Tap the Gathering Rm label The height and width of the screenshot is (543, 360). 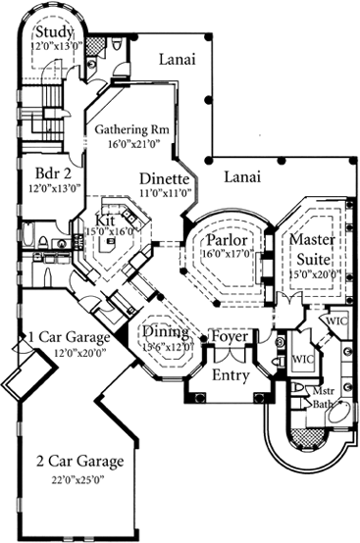[x=135, y=128]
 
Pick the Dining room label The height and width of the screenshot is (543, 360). [x=167, y=332]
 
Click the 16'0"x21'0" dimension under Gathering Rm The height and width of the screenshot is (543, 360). [x=135, y=143]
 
